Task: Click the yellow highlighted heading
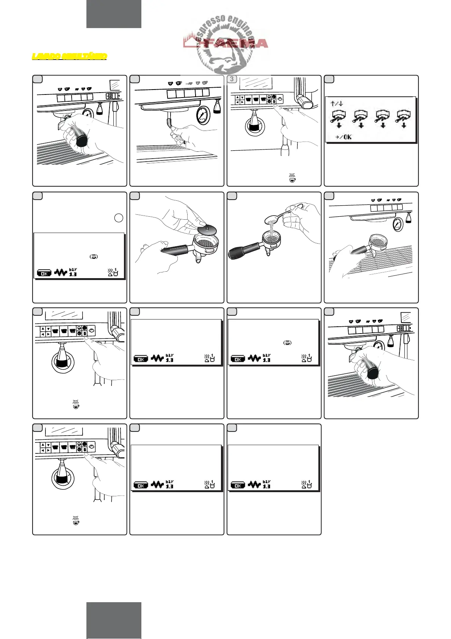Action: point(69,57)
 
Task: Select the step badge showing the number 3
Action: point(232,79)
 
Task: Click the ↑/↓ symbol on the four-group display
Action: point(337,103)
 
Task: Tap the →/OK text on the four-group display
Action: point(344,137)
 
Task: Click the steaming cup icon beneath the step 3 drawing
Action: point(292,178)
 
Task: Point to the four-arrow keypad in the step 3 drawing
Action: point(240,100)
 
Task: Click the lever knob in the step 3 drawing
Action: point(305,102)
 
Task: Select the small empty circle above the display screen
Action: point(119,218)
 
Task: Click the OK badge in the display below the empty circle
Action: point(44,273)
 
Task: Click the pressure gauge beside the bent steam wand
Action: point(203,115)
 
